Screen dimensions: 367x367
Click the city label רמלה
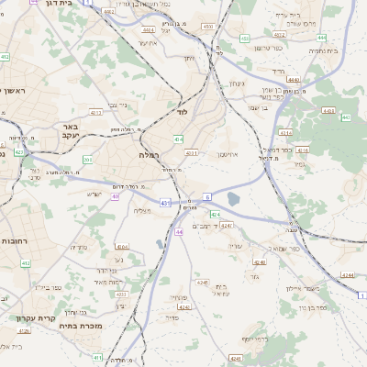coord(150,155)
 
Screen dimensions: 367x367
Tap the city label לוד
coord(183,112)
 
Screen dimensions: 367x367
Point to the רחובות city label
coord(17,240)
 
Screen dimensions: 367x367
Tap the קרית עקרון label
coord(29,317)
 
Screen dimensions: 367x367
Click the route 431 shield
coord(165,202)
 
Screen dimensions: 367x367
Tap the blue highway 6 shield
coord(207,196)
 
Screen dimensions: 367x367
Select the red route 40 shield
coord(116,195)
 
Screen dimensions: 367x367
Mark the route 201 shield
coord(87,160)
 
